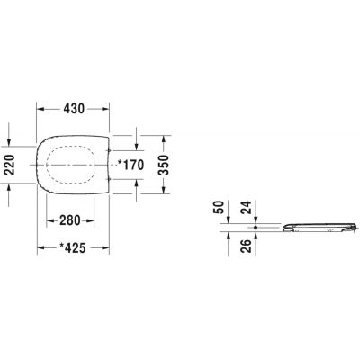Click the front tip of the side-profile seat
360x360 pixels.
[x=355, y=229]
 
